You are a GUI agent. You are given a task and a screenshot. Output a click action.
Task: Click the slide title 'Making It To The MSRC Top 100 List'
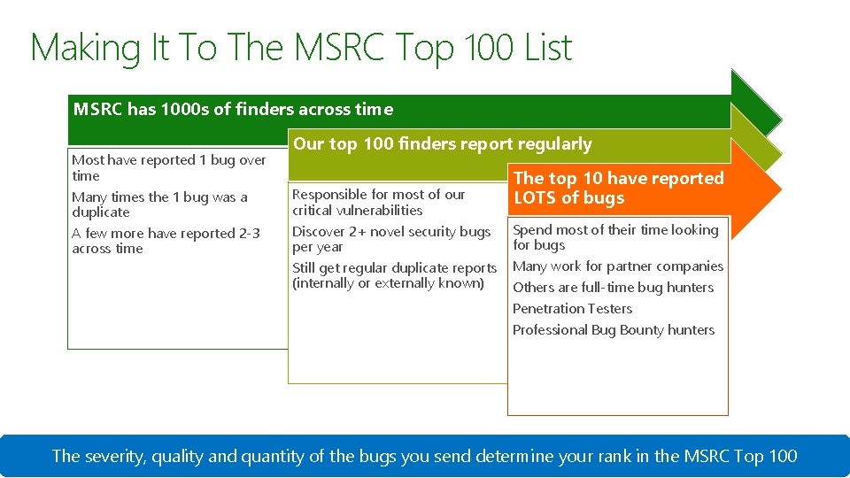coord(301,48)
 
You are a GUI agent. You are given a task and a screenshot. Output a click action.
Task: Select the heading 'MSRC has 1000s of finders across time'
coord(233,110)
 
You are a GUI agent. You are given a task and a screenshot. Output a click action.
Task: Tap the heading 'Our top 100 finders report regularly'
coord(442,144)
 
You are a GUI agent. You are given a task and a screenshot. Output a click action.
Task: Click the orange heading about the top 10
coord(618,188)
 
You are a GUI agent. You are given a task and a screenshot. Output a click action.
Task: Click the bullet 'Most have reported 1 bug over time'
coord(168,167)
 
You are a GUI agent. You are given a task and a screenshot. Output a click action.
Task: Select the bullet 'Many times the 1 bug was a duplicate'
coord(159,204)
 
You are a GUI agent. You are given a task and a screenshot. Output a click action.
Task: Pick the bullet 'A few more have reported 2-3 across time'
coord(166,241)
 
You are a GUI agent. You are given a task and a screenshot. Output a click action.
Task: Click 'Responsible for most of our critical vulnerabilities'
coord(378,202)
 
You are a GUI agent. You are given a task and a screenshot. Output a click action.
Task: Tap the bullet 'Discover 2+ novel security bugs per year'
coord(390,239)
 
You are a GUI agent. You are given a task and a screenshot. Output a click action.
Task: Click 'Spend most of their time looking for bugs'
coord(615,237)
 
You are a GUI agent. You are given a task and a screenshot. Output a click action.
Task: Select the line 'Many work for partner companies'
coord(617,266)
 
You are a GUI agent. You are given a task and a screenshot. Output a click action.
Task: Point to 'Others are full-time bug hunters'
coord(613,288)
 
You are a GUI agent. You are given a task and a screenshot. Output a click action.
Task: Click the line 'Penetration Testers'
coord(572,309)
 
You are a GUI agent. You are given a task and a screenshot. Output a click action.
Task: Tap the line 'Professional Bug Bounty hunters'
coord(613,330)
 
